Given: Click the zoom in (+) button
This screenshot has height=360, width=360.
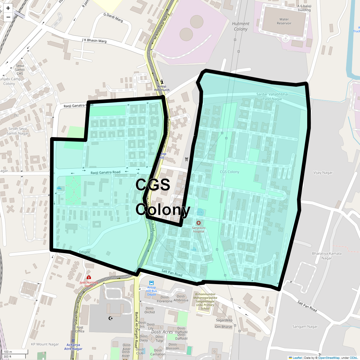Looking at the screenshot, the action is (x=8, y=8).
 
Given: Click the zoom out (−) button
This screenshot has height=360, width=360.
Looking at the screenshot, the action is (x=8, y=17).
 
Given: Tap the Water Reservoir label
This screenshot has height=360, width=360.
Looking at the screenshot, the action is (x=284, y=21).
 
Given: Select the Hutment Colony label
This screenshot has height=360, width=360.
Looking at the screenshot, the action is (x=241, y=26).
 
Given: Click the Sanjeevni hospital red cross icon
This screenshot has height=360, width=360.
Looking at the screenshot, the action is (x=198, y=223).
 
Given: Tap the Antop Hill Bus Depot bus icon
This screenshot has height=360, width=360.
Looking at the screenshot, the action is (x=151, y=283).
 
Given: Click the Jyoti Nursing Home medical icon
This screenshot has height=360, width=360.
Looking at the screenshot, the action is (x=89, y=277).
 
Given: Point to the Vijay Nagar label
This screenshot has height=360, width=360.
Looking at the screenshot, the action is (x=323, y=172).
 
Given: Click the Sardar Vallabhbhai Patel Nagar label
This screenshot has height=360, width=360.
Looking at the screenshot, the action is (x=272, y=96).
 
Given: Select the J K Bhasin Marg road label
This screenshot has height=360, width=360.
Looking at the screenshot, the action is (x=94, y=40).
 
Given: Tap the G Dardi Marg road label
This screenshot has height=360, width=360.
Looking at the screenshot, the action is (x=113, y=17).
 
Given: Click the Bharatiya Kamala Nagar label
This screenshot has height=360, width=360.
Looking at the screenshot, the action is (x=326, y=256).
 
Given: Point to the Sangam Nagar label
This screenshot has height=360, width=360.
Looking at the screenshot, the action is (x=305, y=326).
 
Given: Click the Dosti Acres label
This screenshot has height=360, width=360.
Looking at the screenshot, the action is (x=162, y=332).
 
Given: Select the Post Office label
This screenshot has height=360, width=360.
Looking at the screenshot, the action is (x=80, y=329).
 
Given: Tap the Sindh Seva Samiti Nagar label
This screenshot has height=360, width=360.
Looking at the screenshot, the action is (x=18, y=131).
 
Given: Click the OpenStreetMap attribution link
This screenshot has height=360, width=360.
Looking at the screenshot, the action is (x=329, y=358).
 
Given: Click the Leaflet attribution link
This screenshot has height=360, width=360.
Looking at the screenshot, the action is (x=297, y=358).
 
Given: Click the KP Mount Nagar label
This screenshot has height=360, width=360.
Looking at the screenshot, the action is (x=45, y=344).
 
